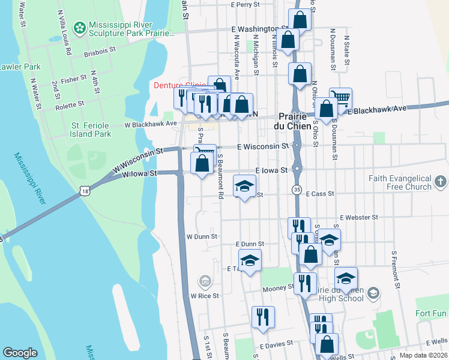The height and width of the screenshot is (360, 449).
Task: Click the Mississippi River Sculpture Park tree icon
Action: tap(79, 27)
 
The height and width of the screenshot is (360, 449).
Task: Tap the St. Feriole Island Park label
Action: tap(91, 130)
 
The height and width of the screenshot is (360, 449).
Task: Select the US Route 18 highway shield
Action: tap(85, 190)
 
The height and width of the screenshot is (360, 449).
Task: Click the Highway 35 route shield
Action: tap(297, 190)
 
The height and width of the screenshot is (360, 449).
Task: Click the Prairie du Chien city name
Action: tap(295, 121)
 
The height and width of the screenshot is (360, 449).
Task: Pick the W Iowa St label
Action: tap(139, 173)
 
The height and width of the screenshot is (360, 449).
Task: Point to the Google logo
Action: tap(20, 353)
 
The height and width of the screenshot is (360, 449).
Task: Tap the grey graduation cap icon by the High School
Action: tap(373, 293)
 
